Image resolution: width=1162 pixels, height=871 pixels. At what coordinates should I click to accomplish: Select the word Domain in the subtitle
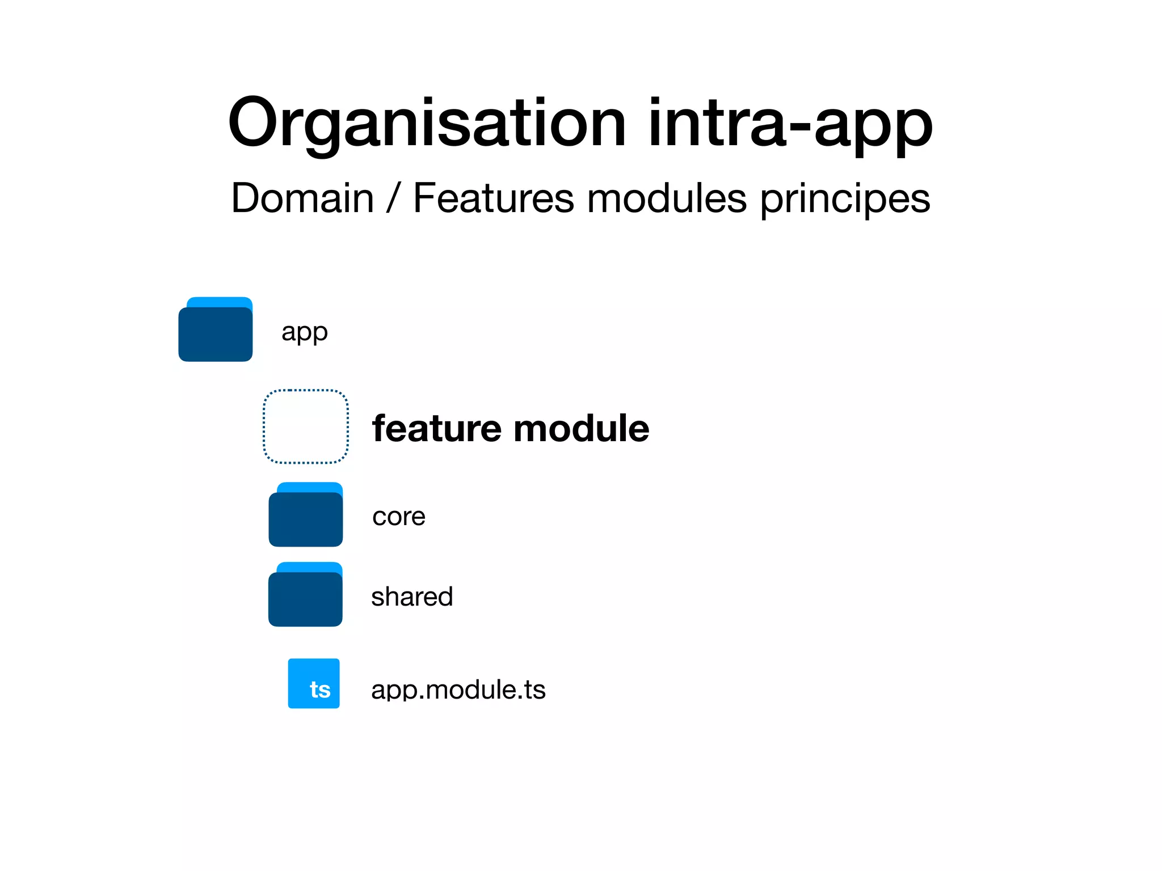[x=302, y=198]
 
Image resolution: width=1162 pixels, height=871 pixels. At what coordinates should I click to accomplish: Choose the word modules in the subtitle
[x=667, y=198]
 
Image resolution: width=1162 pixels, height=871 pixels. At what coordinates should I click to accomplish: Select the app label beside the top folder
[x=304, y=332]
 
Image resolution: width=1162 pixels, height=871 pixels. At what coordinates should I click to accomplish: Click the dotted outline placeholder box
[x=306, y=426]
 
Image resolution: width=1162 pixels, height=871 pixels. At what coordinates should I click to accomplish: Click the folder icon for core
[x=305, y=519]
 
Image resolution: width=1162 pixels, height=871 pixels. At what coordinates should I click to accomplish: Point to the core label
[x=398, y=517]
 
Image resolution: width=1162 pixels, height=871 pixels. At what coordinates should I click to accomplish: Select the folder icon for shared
[x=305, y=599]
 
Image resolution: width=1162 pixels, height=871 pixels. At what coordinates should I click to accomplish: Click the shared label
[x=412, y=597]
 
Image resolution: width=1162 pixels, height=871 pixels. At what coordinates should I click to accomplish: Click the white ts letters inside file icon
[x=320, y=690]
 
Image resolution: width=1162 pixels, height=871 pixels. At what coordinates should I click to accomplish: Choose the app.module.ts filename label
[x=458, y=690]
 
